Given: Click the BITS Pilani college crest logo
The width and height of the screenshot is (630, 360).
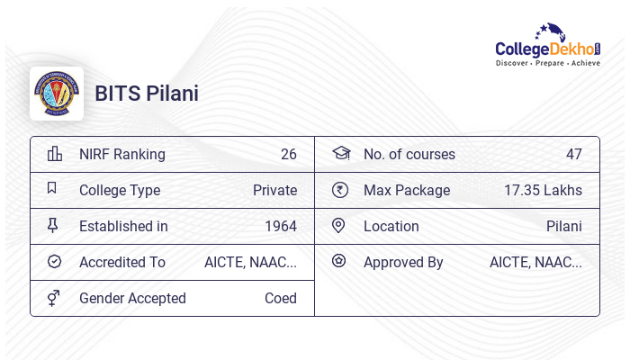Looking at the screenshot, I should click(x=57, y=94).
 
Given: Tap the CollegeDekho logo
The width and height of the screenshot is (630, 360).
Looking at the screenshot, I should click(x=548, y=46).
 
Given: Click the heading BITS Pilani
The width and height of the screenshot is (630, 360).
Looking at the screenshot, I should click(x=147, y=94).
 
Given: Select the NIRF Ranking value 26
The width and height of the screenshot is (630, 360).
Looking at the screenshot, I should click(x=289, y=154).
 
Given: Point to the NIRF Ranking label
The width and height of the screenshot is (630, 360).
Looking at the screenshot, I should click(x=122, y=154).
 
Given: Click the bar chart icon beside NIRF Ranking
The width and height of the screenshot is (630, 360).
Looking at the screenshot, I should click(x=54, y=154).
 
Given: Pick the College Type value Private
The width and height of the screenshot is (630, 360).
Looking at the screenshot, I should click(x=275, y=190).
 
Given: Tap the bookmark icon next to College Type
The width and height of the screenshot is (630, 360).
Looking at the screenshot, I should click(x=52, y=189).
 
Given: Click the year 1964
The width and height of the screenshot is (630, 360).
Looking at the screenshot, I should click(x=281, y=226).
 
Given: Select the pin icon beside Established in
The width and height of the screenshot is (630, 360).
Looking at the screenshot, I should click(x=53, y=226).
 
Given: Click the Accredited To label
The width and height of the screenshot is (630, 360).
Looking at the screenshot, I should click(x=122, y=262).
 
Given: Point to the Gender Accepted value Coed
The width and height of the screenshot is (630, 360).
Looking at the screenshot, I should click(x=281, y=298).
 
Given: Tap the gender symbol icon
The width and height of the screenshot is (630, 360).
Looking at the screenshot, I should click(x=53, y=298).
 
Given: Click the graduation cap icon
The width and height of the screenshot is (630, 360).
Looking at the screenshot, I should click(x=340, y=153).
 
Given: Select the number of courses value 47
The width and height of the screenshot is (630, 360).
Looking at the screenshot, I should click(x=574, y=154).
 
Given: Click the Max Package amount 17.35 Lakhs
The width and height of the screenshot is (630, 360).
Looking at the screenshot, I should click(x=543, y=190).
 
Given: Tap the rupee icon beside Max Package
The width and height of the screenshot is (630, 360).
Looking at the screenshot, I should click(x=339, y=190).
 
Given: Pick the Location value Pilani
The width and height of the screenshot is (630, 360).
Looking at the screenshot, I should click(x=564, y=226).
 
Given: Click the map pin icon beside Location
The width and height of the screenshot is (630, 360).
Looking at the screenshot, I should click(x=338, y=226).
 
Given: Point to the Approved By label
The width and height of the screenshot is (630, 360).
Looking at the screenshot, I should click(x=403, y=262).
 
